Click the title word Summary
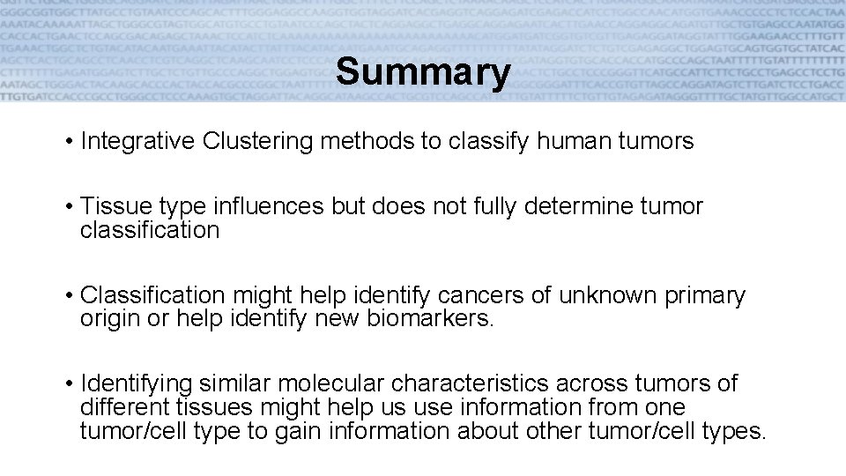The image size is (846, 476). point(422,72)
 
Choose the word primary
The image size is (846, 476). point(709,295)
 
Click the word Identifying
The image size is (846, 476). point(137,384)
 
